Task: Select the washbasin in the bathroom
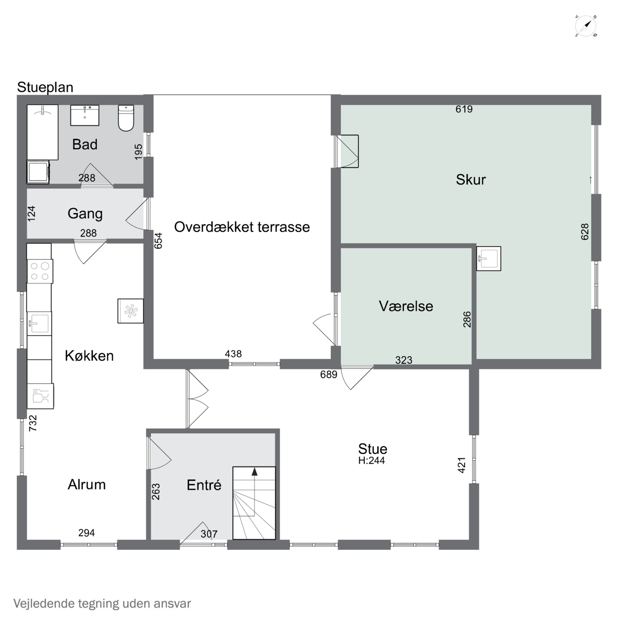[84, 115]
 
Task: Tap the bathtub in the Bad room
[43, 132]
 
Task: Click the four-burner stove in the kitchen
[40, 271]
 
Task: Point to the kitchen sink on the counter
[39, 323]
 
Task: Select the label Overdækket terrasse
[242, 227]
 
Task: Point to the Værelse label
[406, 306]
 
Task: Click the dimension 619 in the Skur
[464, 109]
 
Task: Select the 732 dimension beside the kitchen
[33, 423]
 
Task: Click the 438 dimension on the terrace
[233, 354]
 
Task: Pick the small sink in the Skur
[488, 259]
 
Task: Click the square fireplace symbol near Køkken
[131, 311]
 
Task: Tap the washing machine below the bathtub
[38, 172]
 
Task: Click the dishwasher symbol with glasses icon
[40, 396]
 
